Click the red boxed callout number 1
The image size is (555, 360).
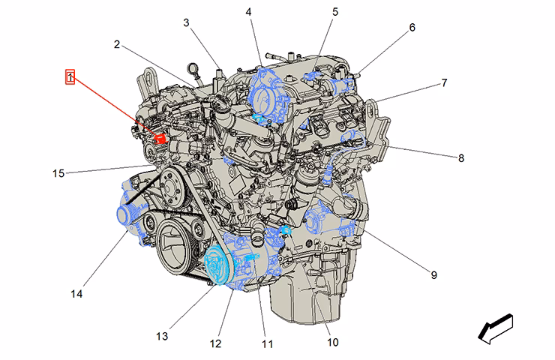click(x=70, y=76)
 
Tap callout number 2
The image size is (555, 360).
click(x=117, y=44)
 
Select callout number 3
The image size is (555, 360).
click(x=186, y=22)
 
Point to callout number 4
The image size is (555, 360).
click(x=248, y=12)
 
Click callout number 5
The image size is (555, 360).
click(x=335, y=12)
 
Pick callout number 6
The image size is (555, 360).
click(x=412, y=27)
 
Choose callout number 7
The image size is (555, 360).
click(x=444, y=82)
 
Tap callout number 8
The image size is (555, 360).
click(x=460, y=158)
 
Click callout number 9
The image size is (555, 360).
click(x=434, y=274)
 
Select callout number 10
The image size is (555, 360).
click(x=333, y=342)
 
